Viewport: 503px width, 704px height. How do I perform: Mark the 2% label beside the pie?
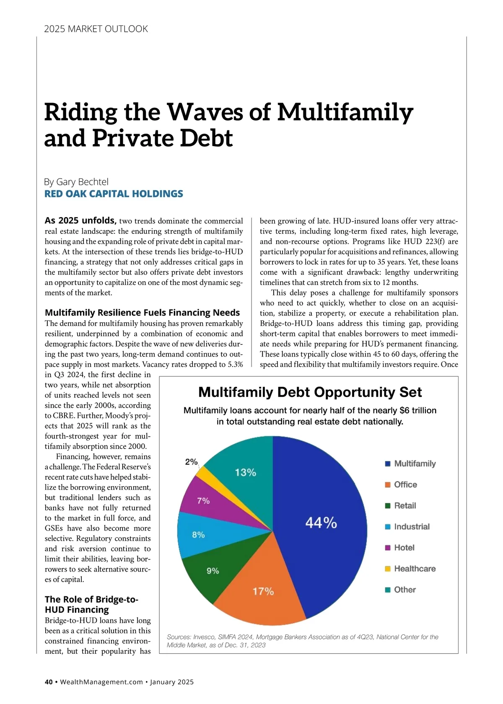(191, 461)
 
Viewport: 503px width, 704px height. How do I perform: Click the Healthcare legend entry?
(410, 569)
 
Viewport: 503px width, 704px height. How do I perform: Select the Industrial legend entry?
(407, 527)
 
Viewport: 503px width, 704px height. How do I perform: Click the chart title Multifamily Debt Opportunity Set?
(310, 392)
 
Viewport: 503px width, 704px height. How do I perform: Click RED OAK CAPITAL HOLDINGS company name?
(114, 194)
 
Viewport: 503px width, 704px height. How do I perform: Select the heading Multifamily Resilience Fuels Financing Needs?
(142, 313)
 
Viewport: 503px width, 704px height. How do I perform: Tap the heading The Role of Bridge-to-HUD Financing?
(91, 604)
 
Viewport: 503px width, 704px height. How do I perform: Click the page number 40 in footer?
(49, 682)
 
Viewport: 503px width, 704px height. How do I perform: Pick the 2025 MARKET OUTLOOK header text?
(96, 29)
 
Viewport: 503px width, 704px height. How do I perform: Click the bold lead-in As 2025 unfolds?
(80, 220)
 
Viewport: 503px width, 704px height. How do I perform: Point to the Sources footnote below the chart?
(302, 641)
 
